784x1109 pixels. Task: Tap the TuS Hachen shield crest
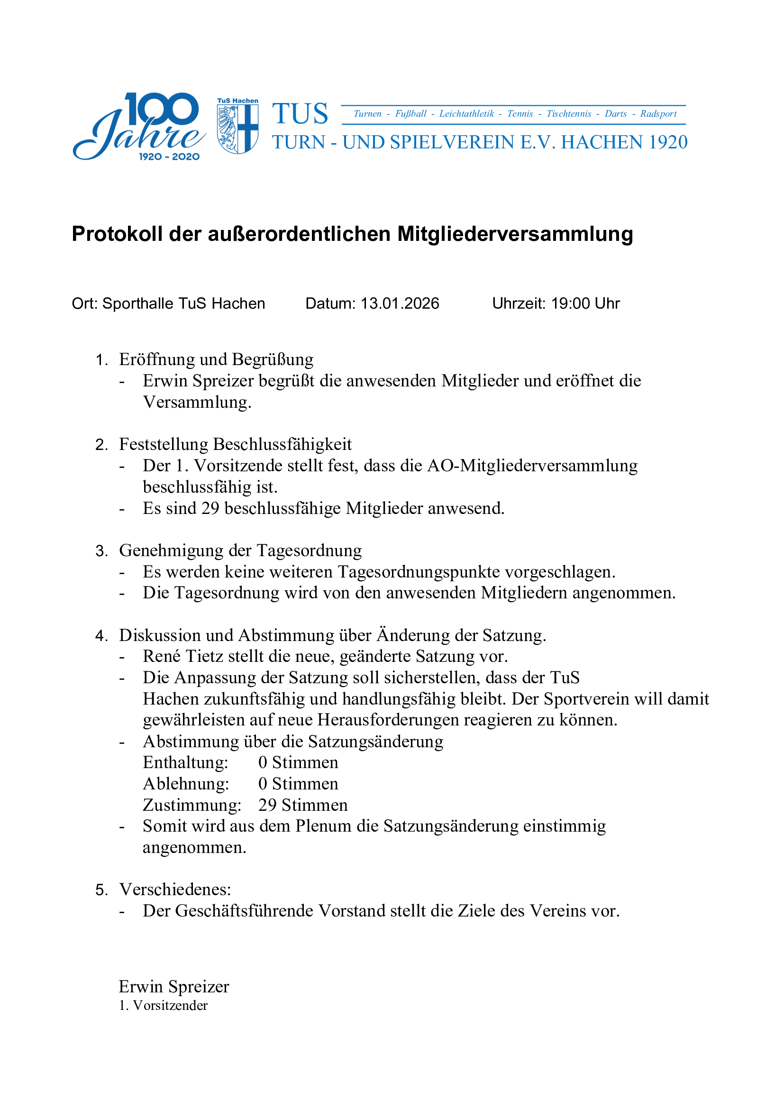click(x=237, y=127)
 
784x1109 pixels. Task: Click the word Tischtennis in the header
click(x=569, y=114)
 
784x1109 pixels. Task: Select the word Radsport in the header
click(x=658, y=114)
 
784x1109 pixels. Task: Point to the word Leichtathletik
click(x=466, y=114)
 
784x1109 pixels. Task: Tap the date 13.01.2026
click(x=400, y=303)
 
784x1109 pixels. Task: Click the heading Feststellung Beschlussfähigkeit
click(x=236, y=444)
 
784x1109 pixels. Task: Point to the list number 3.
click(x=101, y=550)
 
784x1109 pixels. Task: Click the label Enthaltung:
click(x=185, y=762)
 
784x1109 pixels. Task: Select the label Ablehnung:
click(x=186, y=783)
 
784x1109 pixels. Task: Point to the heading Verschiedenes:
click(x=175, y=889)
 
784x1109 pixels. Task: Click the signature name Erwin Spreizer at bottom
click(x=174, y=986)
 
